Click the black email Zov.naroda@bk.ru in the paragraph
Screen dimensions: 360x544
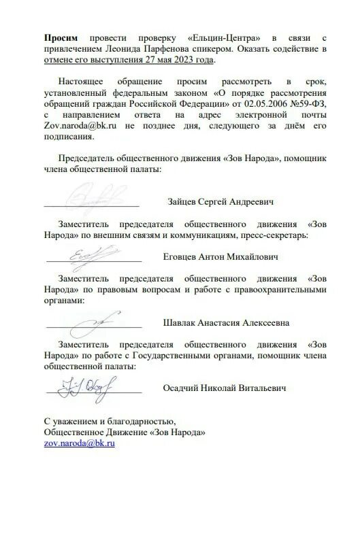pyautogui.click(x=76, y=126)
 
